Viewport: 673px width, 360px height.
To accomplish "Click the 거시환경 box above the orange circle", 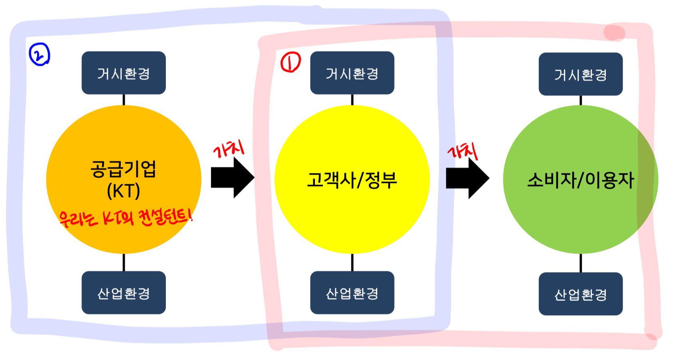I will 123,73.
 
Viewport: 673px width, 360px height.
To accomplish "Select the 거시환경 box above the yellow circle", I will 352,73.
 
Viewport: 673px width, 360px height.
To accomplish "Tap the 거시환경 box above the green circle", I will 580,74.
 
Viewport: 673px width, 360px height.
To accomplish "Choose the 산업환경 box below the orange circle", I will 123,292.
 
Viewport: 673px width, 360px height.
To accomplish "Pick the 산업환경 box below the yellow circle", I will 352,292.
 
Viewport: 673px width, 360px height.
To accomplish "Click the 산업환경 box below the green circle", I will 580,294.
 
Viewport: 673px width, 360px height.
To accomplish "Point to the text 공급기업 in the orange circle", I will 123,169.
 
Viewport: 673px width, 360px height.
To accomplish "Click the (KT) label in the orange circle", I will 123,191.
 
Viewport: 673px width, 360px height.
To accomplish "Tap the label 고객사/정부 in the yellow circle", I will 352,180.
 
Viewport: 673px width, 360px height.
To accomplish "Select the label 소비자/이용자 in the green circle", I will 580,180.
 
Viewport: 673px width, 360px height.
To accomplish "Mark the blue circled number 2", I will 39,55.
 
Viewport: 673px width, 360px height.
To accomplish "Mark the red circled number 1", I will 290,63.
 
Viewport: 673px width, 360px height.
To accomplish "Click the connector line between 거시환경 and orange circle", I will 123,99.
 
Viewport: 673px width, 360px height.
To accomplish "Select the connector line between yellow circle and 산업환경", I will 352,262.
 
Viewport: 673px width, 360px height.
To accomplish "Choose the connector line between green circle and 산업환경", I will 580,263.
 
